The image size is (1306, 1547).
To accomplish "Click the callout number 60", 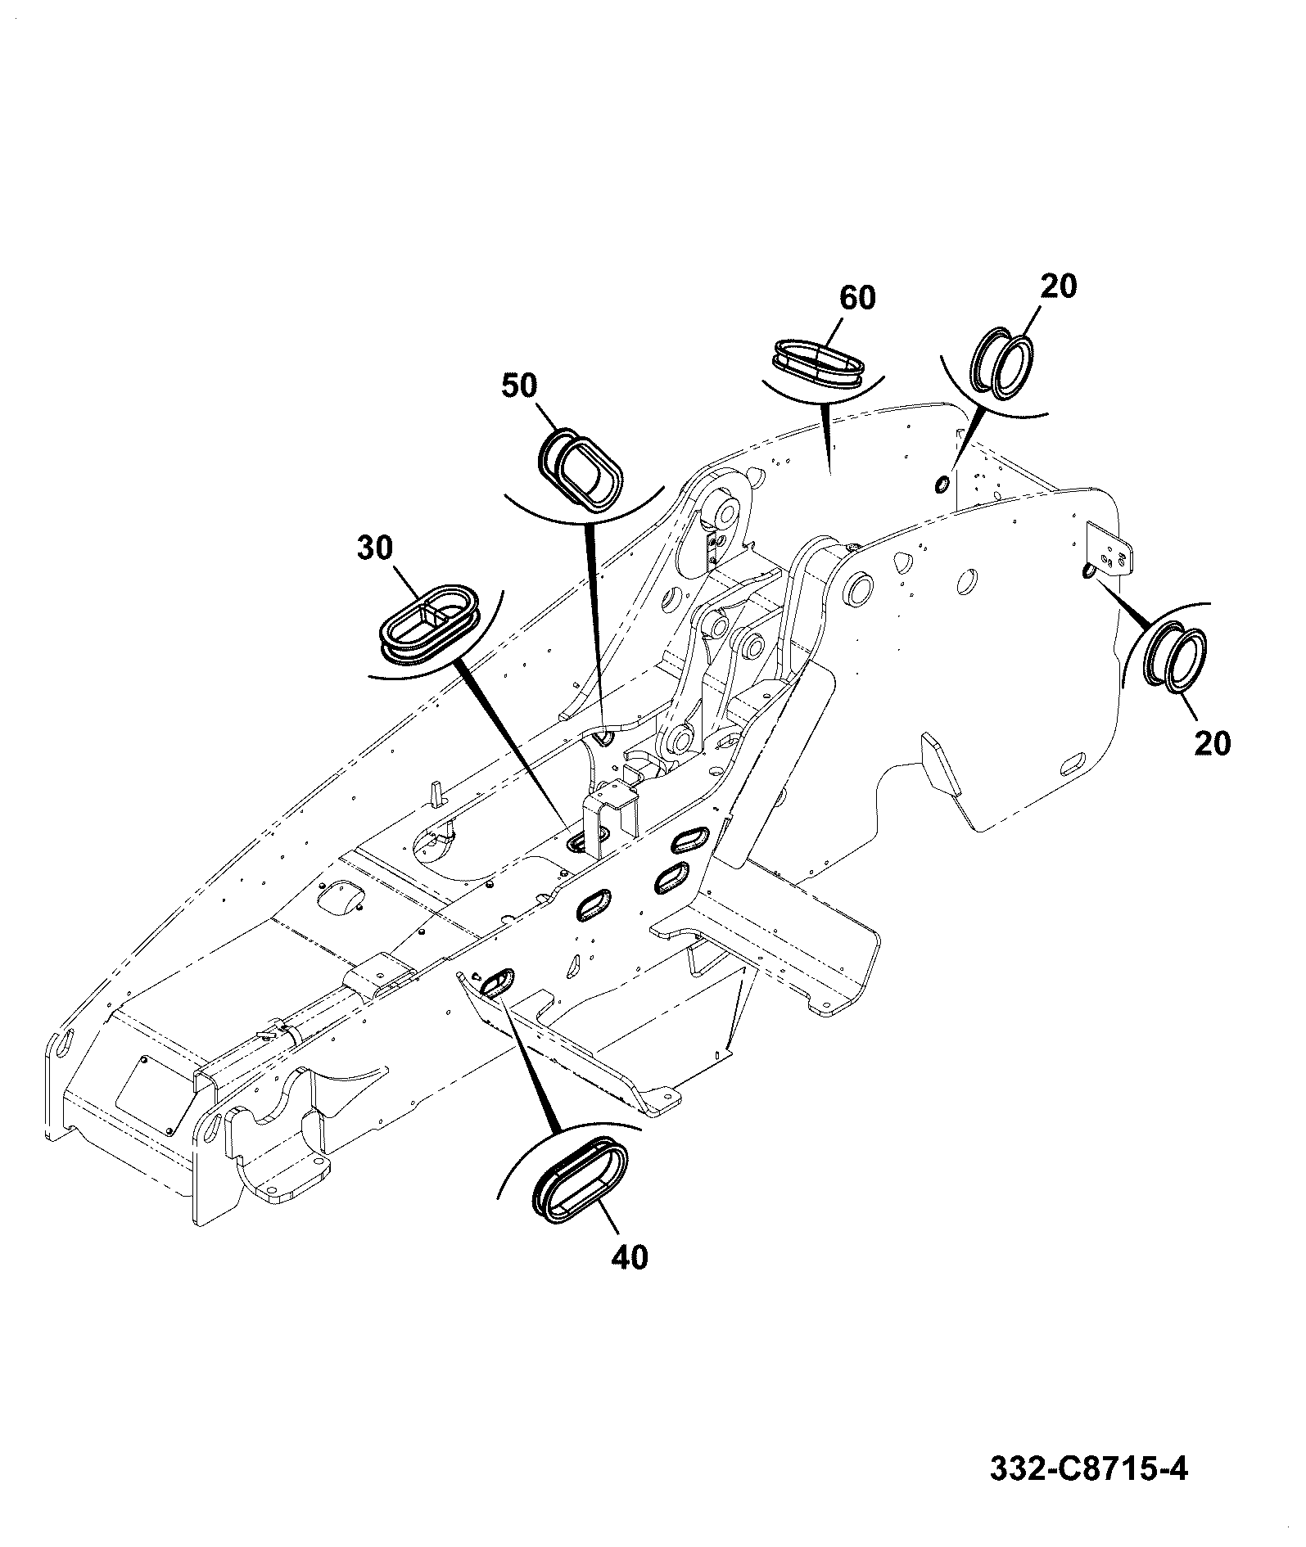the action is point(857,299).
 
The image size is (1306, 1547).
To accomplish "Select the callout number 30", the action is point(375,548).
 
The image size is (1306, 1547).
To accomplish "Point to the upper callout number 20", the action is point(1059,287).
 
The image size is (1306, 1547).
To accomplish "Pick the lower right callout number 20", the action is point(1213,743).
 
